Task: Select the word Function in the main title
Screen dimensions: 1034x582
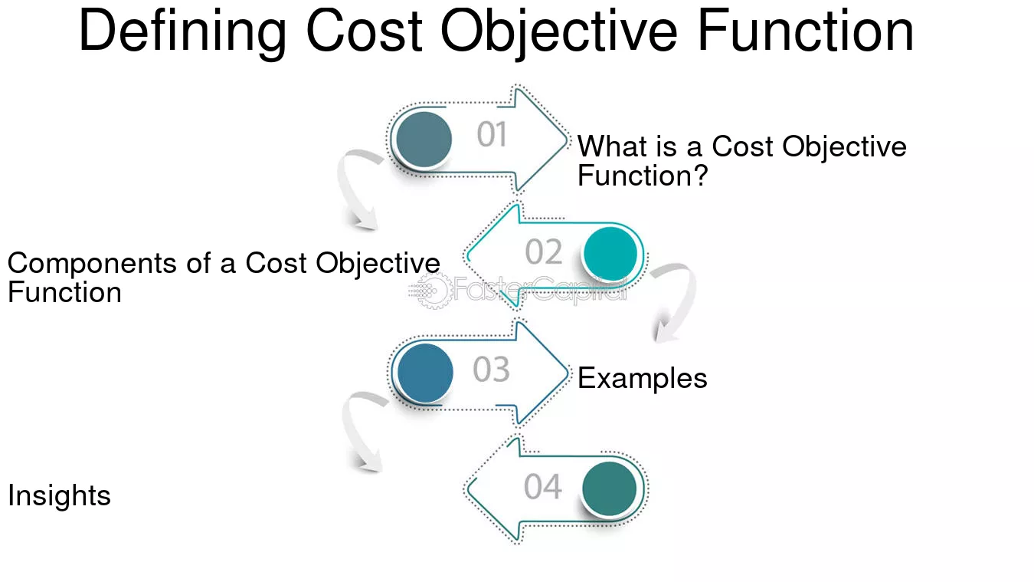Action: [806, 31]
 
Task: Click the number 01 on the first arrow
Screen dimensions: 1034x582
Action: [492, 135]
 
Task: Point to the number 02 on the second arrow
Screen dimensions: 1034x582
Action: [544, 252]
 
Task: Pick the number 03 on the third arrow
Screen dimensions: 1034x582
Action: [491, 370]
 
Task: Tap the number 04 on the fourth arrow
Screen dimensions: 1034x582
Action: [543, 487]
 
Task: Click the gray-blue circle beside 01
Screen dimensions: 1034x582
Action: [424, 139]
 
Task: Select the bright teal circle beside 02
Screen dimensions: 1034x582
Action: [610, 254]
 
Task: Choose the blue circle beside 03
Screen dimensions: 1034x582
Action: [425, 373]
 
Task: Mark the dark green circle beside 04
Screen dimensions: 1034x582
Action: [610, 488]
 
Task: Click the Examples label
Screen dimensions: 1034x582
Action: [642, 379]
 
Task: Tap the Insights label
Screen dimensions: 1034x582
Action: [59, 495]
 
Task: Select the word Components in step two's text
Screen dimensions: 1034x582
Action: [92, 264]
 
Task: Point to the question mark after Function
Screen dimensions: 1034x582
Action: [701, 176]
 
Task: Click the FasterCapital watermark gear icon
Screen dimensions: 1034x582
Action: [433, 291]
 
